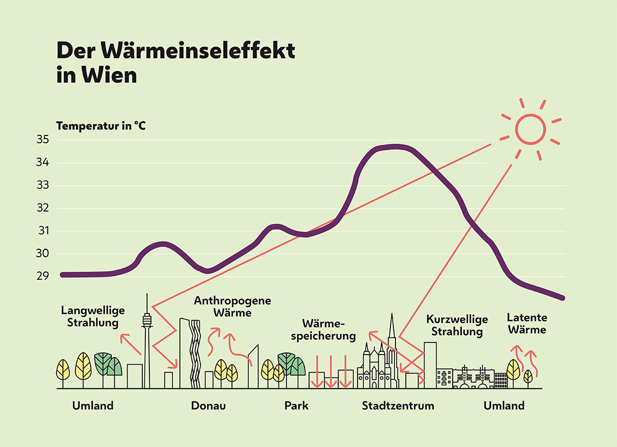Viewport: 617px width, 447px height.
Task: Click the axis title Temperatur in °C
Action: tap(101, 125)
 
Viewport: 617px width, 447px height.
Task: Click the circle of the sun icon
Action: tap(530, 129)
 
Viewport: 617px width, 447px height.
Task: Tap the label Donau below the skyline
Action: tap(208, 405)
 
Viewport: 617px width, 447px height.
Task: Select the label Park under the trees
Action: tap(296, 405)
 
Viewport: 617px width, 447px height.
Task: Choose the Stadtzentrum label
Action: tap(398, 405)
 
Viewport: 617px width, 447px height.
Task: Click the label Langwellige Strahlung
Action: tap(93, 316)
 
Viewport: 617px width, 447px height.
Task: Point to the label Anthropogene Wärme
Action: tap(232, 307)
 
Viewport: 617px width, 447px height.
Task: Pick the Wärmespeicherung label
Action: tap(329, 329)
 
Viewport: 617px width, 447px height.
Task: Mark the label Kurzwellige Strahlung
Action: tap(457, 325)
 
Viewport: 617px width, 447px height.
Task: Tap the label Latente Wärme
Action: tap(527, 324)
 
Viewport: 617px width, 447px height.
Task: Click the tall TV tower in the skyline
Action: tap(147, 340)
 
